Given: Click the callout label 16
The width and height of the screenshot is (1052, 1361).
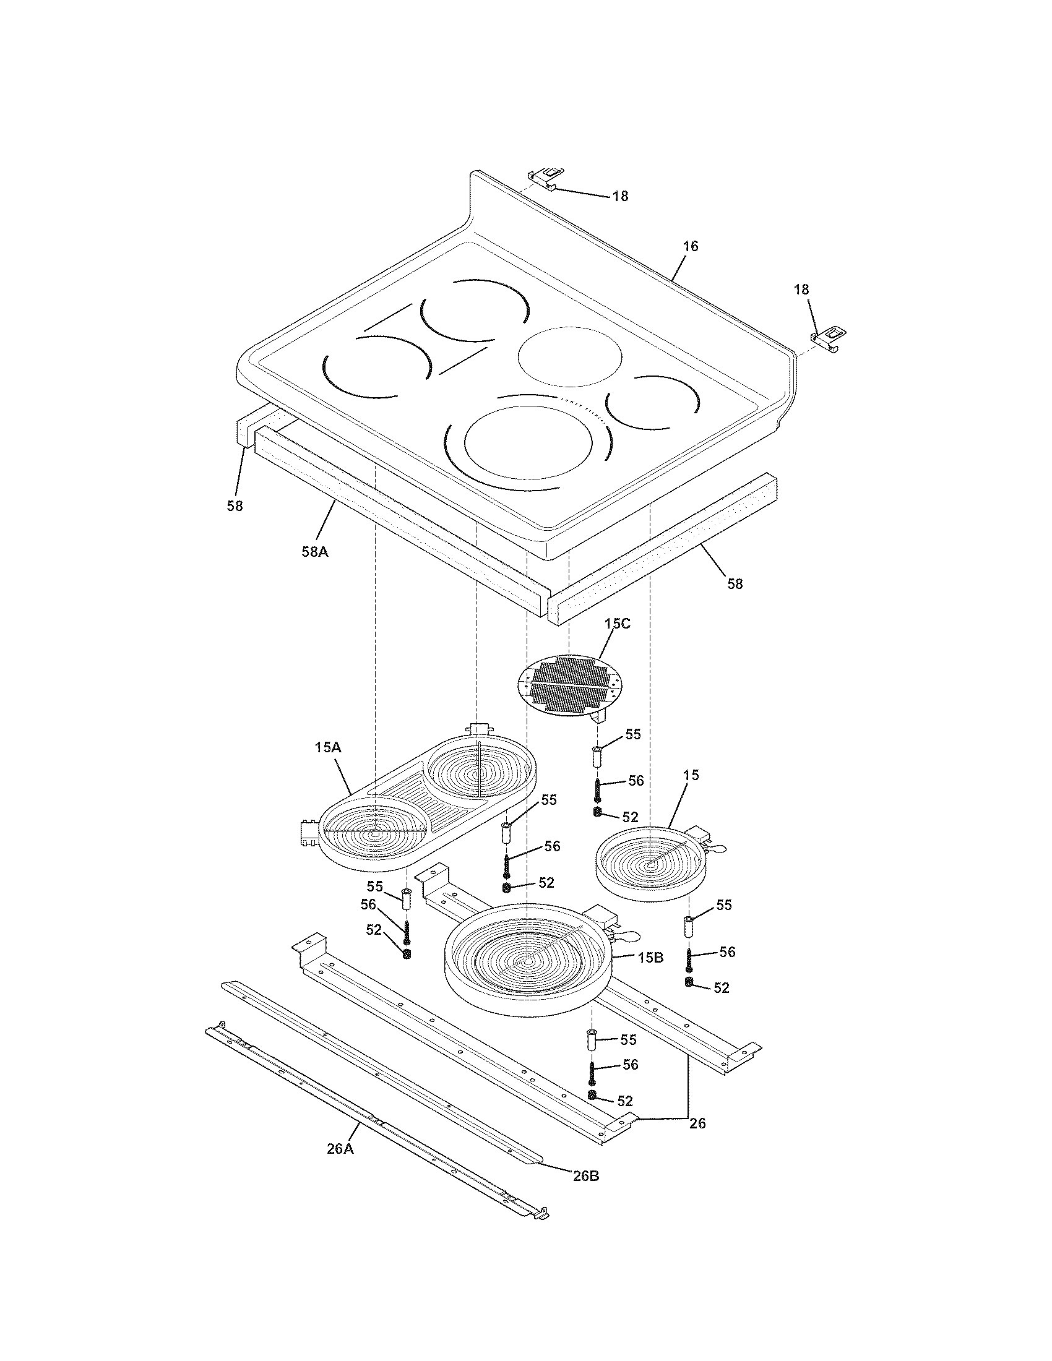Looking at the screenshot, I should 690,246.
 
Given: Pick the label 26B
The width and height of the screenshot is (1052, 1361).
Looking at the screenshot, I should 586,1176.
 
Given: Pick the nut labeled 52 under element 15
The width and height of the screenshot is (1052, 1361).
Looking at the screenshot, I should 689,983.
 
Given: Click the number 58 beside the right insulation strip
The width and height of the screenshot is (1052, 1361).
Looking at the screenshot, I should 735,584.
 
